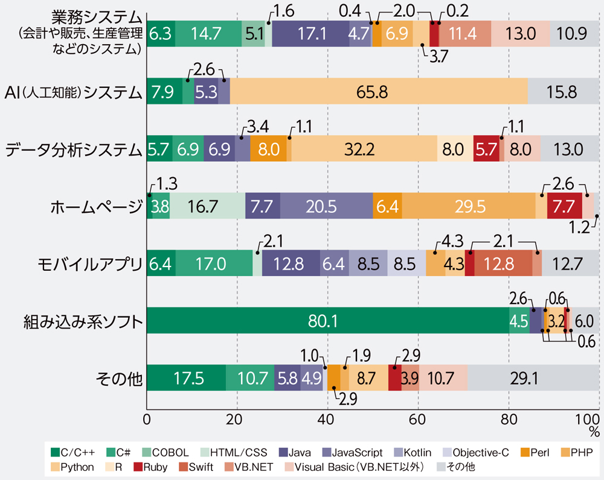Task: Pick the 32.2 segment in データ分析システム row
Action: tap(364, 149)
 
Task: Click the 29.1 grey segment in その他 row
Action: tap(533, 378)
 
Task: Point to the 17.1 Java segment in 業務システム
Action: tap(310, 34)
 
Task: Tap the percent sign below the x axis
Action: tap(594, 432)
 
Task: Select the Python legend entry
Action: tap(72, 467)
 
